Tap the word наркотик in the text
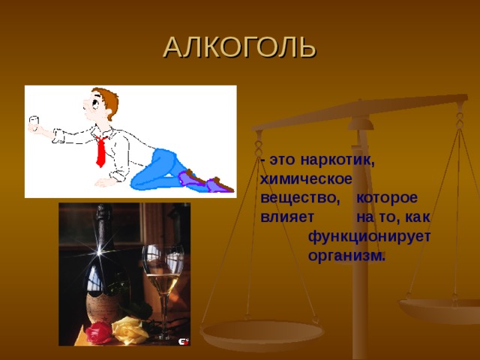[336, 160]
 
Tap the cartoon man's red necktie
[100, 150]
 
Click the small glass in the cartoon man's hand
[32, 121]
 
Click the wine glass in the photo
[160, 277]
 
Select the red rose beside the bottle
[97, 333]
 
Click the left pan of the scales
[262, 330]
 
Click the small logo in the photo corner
[183, 340]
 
